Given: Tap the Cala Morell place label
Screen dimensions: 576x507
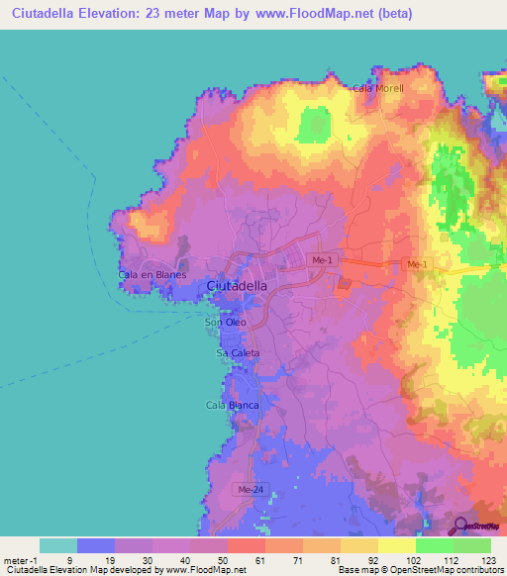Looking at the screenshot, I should [x=378, y=88].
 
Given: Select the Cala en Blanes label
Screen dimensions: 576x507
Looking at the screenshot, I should [x=152, y=274].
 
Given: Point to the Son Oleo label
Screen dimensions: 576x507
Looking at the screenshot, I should [x=225, y=323].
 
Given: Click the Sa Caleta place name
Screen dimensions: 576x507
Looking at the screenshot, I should [x=238, y=352].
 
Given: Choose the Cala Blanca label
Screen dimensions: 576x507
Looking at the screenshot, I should [x=232, y=405].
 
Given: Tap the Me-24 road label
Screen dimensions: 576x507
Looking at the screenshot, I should [x=250, y=489].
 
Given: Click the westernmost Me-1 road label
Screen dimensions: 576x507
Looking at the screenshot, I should [x=321, y=260].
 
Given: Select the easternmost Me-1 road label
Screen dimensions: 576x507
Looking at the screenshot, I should [x=417, y=264].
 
